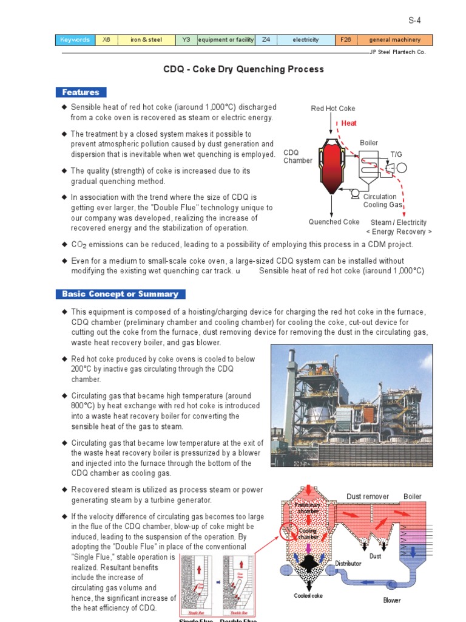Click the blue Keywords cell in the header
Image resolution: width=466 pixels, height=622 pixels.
(x=75, y=40)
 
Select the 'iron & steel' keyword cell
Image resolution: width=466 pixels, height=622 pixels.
(x=146, y=40)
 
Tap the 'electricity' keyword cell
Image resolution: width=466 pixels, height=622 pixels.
(x=305, y=40)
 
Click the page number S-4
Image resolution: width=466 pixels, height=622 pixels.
(x=414, y=20)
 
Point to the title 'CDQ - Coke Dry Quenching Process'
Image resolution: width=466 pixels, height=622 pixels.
(x=243, y=69)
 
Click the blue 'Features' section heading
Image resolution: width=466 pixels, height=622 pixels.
(x=81, y=92)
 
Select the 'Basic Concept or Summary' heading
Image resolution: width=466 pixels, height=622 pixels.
(x=120, y=294)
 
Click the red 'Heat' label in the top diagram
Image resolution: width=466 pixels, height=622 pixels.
(x=349, y=123)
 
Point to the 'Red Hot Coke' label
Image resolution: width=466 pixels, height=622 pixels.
(x=333, y=109)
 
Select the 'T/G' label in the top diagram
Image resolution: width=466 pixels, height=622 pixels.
(x=396, y=155)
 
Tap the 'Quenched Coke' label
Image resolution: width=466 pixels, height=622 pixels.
(x=334, y=222)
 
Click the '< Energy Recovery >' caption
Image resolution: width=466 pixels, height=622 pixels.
(x=399, y=232)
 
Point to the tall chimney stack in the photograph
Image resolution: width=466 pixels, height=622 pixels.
(x=290, y=389)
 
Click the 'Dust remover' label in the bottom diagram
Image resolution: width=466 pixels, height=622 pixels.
(x=368, y=496)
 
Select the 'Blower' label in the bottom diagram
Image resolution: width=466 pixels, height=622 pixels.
(x=391, y=600)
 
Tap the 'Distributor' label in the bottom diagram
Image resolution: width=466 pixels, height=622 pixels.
(x=348, y=563)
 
